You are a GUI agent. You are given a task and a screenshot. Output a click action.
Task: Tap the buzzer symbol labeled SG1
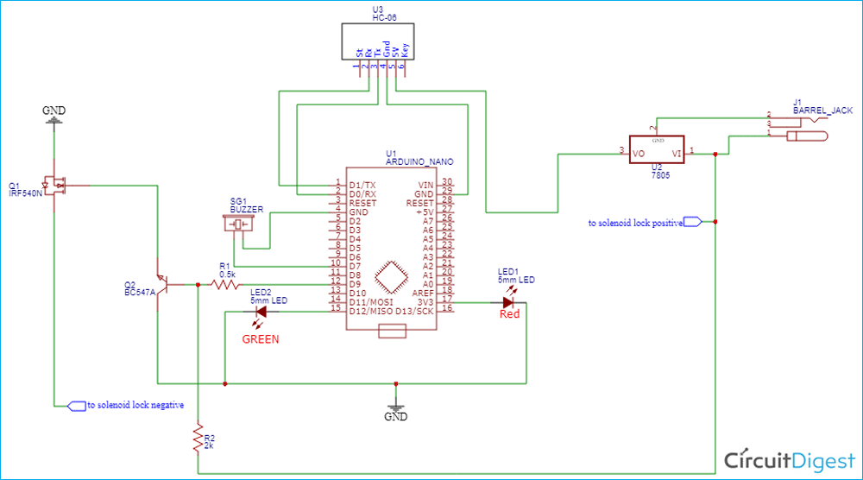point(241,224)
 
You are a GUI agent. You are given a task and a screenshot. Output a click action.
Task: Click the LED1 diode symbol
point(509,302)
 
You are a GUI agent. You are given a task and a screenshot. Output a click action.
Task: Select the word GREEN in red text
point(260,339)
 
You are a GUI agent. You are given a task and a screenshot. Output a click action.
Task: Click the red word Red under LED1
point(510,314)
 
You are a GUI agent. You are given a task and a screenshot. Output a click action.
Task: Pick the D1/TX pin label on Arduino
point(362,186)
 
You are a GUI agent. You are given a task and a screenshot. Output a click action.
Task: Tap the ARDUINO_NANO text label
point(419,161)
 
